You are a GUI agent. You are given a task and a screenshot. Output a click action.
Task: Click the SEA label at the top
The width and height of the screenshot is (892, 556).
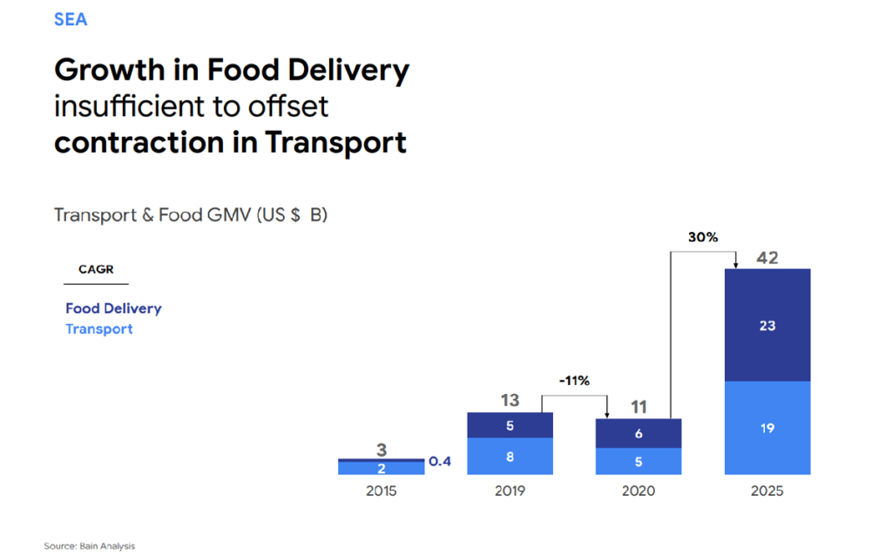click(71, 19)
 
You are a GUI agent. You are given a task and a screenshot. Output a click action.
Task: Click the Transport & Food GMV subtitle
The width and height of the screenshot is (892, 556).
click(191, 214)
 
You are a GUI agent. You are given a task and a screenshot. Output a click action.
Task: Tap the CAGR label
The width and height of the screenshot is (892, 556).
click(96, 269)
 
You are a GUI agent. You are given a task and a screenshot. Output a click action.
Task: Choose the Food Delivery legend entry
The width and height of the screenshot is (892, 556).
click(113, 309)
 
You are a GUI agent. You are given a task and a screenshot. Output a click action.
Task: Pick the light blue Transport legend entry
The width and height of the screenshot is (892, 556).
click(99, 329)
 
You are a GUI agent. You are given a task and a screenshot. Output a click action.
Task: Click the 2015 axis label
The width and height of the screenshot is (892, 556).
click(381, 492)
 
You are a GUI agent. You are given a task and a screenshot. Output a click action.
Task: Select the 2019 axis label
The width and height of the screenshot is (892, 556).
click(510, 492)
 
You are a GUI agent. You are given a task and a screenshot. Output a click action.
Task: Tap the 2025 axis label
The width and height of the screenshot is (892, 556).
click(767, 492)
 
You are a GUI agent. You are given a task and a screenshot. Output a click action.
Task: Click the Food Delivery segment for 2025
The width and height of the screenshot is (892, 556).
click(767, 325)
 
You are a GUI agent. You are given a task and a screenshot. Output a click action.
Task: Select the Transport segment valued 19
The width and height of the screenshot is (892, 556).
click(767, 428)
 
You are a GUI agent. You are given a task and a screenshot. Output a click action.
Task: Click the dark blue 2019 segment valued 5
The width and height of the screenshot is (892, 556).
click(510, 425)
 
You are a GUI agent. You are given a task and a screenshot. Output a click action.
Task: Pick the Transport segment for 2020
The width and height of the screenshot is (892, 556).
click(639, 462)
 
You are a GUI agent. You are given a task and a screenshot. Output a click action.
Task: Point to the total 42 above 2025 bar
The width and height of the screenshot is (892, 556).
click(767, 258)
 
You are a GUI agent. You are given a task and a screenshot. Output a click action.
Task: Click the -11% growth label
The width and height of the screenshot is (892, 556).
click(574, 381)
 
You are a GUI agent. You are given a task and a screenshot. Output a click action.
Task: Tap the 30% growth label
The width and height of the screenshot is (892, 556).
click(702, 237)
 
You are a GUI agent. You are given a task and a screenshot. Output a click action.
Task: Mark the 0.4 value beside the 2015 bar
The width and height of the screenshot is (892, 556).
click(441, 461)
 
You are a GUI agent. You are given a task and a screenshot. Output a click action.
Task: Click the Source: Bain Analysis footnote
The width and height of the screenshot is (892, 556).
click(90, 546)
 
